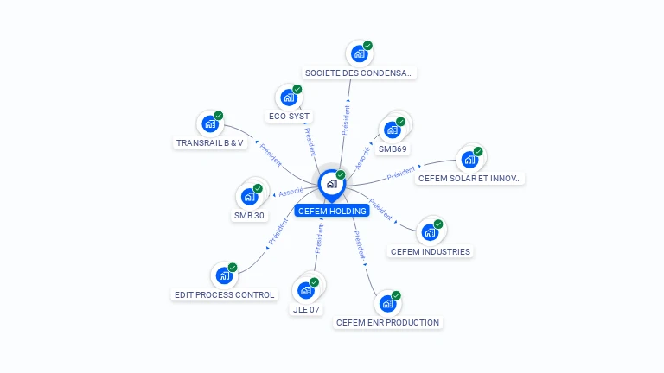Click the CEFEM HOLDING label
click(x=332, y=211)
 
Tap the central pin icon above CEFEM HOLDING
click(x=331, y=184)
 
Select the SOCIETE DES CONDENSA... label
click(x=360, y=73)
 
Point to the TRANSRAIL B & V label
click(x=210, y=142)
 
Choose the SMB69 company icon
click(x=393, y=130)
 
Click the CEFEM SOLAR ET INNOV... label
click(x=469, y=179)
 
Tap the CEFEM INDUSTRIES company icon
click(x=430, y=232)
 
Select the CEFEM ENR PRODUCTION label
click(x=387, y=323)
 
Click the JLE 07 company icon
click(x=306, y=290)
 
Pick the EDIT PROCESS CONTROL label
click(x=225, y=294)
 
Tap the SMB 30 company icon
click(x=250, y=197)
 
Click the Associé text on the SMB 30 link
click(x=290, y=192)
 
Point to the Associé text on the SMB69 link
click(x=362, y=155)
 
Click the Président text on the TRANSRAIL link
click(x=270, y=153)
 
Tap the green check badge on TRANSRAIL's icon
click(x=219, y=116)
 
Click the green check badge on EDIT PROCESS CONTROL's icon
click(x=233, y=268)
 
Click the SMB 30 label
click(x=249, y=216)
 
